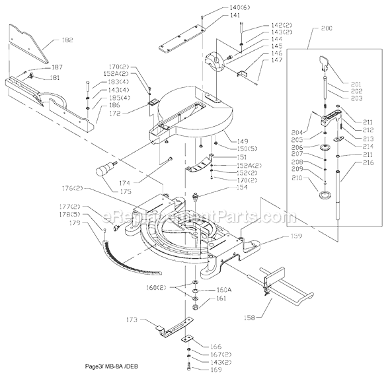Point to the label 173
pos(132,320)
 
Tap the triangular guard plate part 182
pos(30,42)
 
